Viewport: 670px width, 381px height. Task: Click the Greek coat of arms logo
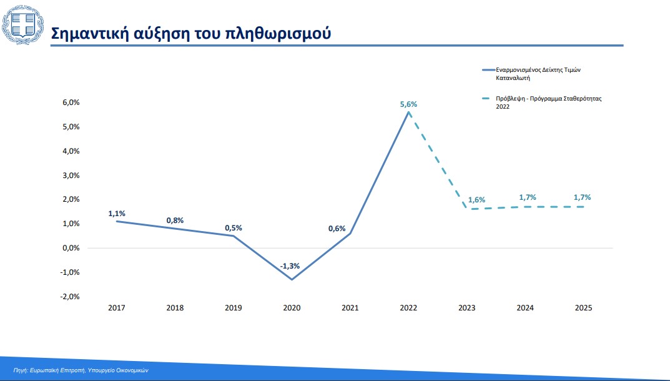[x=22, y=25]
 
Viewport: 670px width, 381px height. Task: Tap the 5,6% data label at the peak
[x=408, y=104]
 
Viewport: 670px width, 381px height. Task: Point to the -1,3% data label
[x=290, y=266]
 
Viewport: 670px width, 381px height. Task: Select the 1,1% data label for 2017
[x=117, y=214]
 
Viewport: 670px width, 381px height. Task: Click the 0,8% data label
[x=175, y=220]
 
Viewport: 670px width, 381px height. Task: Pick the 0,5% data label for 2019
[x=234, y=228]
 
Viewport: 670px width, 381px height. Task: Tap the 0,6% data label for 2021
[x=337, y=229]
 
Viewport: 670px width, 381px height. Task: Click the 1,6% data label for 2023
[x=476, y=200]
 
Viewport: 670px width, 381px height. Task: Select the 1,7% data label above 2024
[x=528, y=197]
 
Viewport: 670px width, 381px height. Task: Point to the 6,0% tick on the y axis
[x=71, y=102]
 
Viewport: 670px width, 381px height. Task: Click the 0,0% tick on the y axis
[x=71, y=248]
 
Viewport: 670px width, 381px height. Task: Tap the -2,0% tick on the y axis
[x=70, y=296]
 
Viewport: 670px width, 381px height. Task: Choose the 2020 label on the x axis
[x=292, y=307]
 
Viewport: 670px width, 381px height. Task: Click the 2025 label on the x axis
[x=584, y=307]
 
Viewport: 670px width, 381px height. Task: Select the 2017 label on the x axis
[x=117, y=307]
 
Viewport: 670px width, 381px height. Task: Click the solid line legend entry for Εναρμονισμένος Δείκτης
[x=531, y=74]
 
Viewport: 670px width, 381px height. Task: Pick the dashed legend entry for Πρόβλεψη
[x=542, y=102]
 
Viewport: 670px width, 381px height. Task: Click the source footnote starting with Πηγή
[x=81, y=370]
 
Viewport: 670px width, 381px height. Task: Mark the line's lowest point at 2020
[x=292, y=279]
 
